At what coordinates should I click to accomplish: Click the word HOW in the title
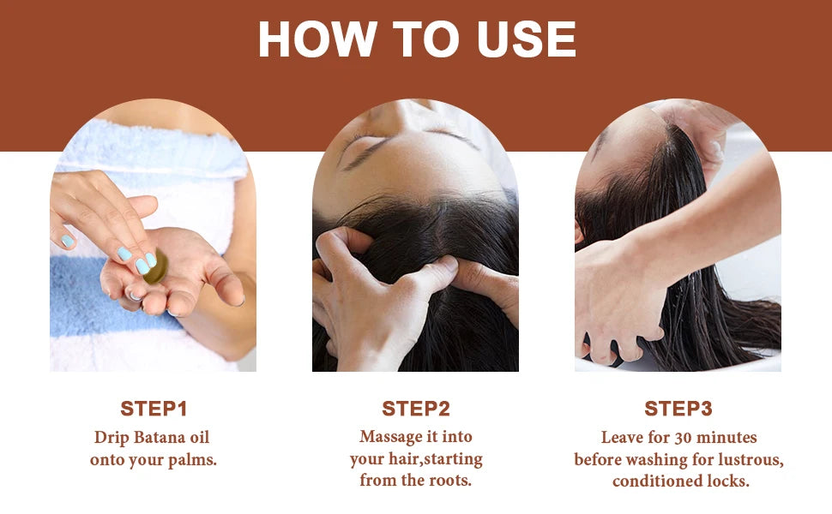(x=317, y=39)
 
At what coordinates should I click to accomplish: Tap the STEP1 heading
(x=154, y=409)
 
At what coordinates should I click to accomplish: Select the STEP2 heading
(x=416, y=409)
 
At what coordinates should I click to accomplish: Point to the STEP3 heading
(x=678, y=409)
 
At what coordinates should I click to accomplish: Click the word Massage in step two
(x=392, y=437)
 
